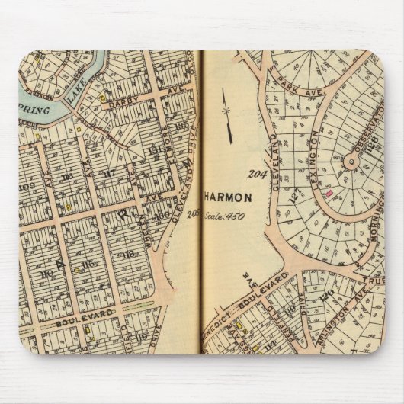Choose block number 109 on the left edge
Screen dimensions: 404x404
pos(27,185)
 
